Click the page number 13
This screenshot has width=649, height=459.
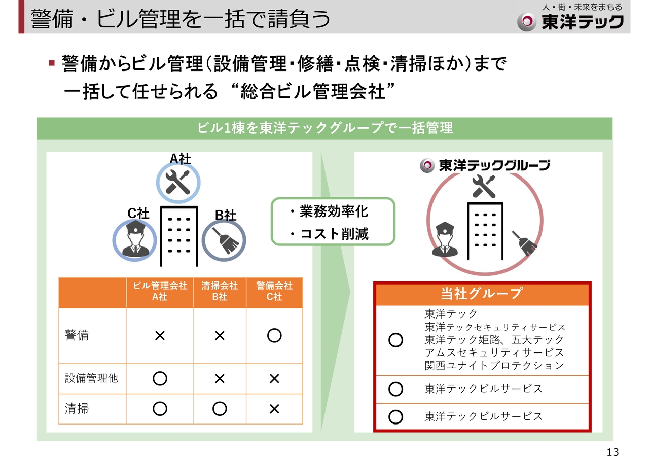click(612, 452)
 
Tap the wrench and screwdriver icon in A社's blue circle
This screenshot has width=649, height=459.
click(177, 182)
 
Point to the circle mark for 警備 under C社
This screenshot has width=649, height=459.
click(274, 336)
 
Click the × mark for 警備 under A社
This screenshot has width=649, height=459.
click(160, 336)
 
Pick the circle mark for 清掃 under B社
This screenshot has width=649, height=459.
click(220, 409)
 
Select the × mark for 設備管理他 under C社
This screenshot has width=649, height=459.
click(274, 378)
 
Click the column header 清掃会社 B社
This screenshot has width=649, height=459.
click(220, 291)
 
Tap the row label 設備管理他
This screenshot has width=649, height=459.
click(91, 378)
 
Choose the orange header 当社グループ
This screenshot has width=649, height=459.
click(482, 293)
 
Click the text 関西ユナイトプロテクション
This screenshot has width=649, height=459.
click(494, 365)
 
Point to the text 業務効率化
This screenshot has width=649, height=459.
click(334, 211)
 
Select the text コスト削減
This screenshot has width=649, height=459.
click(334, 233)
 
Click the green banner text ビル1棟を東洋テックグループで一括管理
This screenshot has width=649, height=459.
click(325, 128)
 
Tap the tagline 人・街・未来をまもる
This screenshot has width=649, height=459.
click(582, 7)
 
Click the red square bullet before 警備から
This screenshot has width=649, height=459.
click(52, 63)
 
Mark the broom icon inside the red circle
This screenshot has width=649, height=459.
click(524, 243)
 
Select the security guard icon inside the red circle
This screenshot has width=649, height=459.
click(445, 239)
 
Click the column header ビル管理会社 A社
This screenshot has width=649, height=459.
click(160, 291)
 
